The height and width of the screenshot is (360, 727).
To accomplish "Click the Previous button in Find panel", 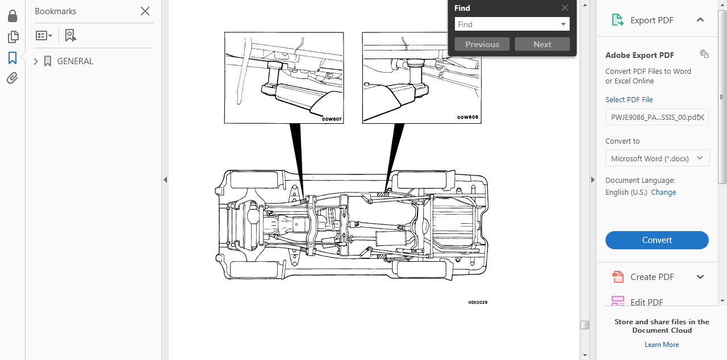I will [482, 44].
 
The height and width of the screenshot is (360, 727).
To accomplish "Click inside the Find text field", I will [505, 24].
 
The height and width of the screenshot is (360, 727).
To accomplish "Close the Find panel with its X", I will [565, 8].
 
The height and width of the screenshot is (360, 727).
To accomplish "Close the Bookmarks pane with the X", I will [145, 11].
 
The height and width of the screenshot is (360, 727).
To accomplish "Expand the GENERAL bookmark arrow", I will [36, 61].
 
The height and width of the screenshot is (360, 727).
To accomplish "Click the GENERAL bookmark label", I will [75, 61].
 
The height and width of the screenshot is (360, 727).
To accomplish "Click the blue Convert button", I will [657, 240].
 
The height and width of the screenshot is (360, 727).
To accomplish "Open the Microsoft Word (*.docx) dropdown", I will [657, 158].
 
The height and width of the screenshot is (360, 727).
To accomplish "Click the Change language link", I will [663, 192].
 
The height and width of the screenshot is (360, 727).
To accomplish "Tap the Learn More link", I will [661, 345].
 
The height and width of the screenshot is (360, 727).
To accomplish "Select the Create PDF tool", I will [652, 277].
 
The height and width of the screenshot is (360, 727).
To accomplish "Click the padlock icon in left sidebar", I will [12, 16].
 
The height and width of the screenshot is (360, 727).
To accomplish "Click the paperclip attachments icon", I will [12, 78].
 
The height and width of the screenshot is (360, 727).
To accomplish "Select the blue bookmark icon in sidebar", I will [12, 58].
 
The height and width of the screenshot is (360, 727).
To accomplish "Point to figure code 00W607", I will [332, 119].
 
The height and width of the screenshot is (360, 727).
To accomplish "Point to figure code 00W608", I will [468, 118].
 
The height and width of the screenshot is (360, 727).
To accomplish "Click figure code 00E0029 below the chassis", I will [478, 302].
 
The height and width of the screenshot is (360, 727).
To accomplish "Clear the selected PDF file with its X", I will [701, 117].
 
